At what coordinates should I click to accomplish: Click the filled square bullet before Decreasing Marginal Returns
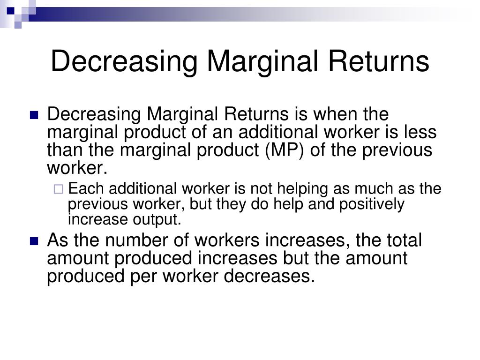pyautogui.click(x=33, y=115)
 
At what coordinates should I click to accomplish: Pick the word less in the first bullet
pyautogui.click(x=420, y=132)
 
